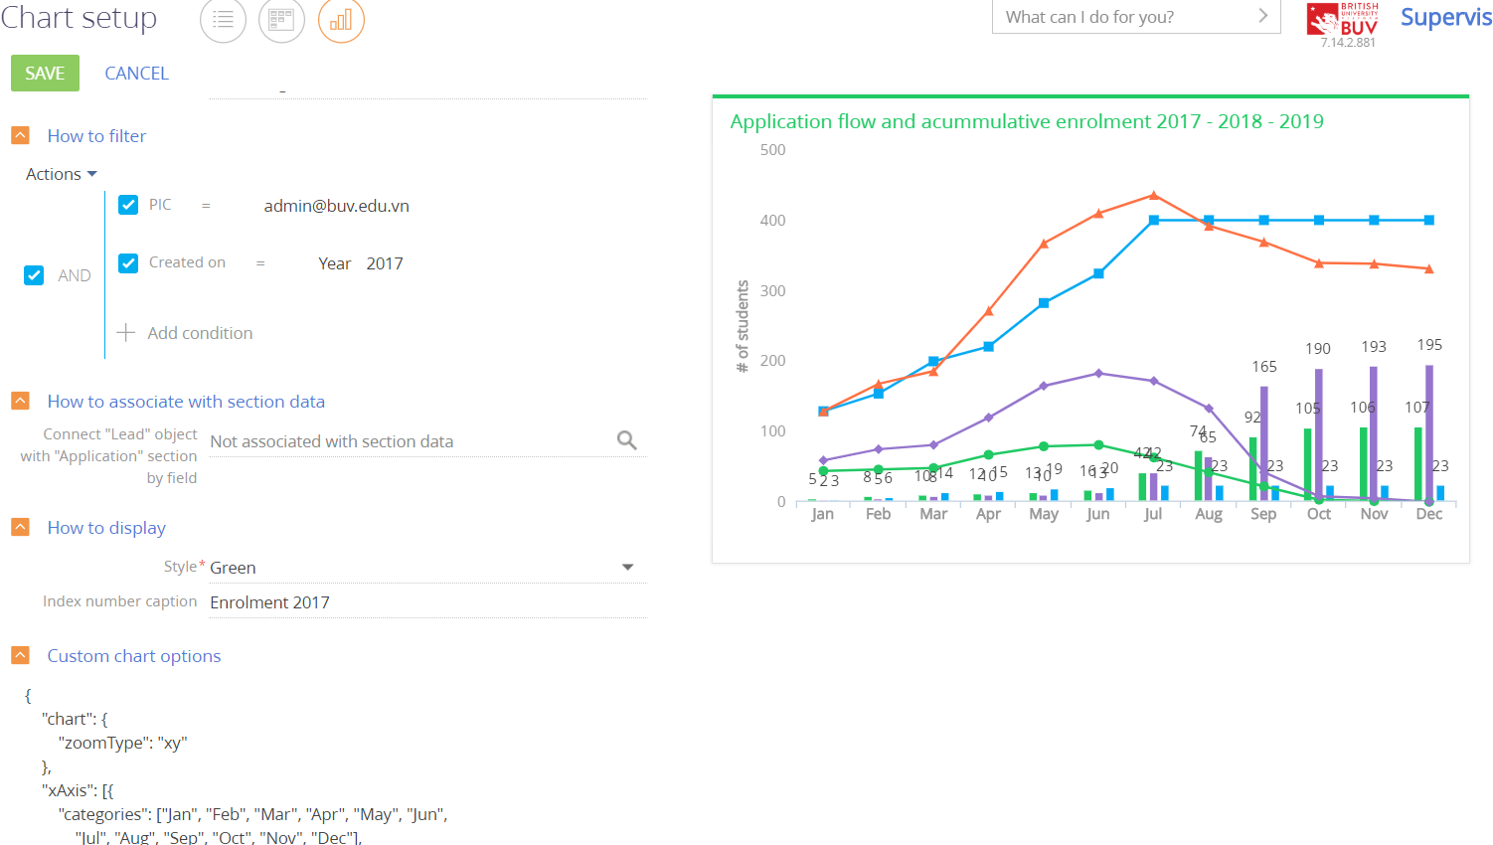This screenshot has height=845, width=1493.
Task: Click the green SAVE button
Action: [x=45, y=74]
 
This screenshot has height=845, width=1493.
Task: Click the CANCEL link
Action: [x=136, y=74]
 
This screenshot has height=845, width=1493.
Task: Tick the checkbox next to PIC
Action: [x=128, y=205]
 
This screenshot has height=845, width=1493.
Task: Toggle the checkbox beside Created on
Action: [x=128, y=263]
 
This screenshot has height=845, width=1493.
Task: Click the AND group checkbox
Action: [x=34, y=275]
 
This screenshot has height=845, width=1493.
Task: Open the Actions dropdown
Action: [x=61, y=174]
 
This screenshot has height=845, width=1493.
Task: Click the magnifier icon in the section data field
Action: [x=626, y=440]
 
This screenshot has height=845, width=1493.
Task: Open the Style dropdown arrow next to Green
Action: [x=627, y=568]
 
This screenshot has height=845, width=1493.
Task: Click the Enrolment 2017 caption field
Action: [x=427, y=602]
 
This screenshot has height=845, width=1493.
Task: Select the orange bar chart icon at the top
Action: [x=341, y=20]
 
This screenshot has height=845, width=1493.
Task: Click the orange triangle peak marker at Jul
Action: [x=1154, y=195]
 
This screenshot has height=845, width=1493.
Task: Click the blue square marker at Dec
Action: [x=1429, y=220]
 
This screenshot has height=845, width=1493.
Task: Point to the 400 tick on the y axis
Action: [x=772, y=221]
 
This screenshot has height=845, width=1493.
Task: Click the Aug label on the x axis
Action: [x=1209, y=514]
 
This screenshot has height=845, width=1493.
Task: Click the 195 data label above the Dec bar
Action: [x=1429, y=345]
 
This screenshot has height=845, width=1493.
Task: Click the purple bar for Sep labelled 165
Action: [x=1264, y=437]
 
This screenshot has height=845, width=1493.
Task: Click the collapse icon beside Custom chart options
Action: [x=20, y=655]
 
